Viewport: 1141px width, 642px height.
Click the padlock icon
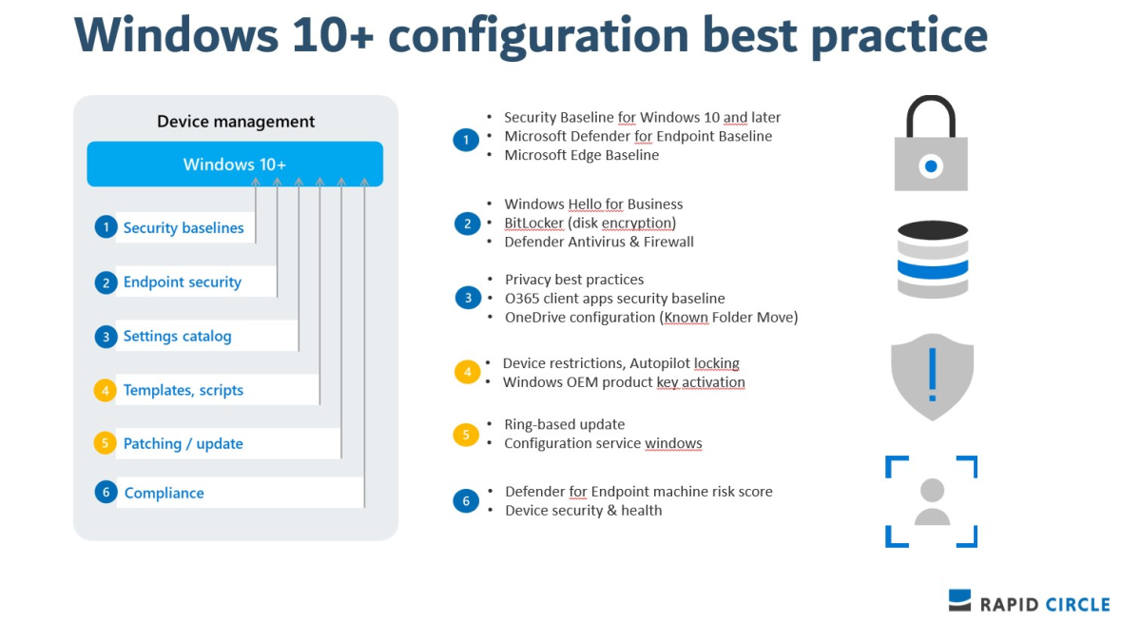click(931, 144)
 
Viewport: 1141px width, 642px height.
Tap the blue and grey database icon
click(932, 259)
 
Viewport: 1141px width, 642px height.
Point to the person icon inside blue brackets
click(932, 501)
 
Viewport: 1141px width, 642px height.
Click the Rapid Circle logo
click(1029, 603)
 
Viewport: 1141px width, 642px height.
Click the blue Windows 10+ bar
click(235, 165)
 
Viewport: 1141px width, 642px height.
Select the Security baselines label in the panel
click(184, 228)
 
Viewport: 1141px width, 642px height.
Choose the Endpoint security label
click(183, 282)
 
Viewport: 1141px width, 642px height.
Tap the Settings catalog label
click(177, 337)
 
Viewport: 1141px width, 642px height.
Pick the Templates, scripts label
click(184, 390)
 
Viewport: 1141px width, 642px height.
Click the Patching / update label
click(184, 444)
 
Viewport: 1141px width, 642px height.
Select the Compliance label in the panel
click(164, 493)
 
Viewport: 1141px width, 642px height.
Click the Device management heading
click(236, 122)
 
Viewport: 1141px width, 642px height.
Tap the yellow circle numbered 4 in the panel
click(105, 390)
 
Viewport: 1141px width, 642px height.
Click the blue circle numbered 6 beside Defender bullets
click(466, 501)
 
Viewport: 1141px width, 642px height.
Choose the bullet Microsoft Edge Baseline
click(581, 155)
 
